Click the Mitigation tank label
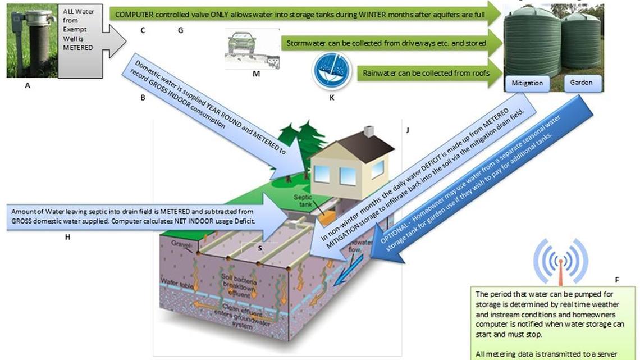pos(527,83)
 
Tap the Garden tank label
pos(581,82)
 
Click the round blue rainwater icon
pos(331,71)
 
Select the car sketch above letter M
pos(243,44)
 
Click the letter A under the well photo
pos(27,86)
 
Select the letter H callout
pos(67,237)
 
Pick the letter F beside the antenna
pos(617,279)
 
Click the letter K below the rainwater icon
pos(331,97)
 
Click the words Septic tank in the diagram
pos(304,200)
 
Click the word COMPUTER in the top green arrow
pos(135,12)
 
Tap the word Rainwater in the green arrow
pos(382,73)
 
